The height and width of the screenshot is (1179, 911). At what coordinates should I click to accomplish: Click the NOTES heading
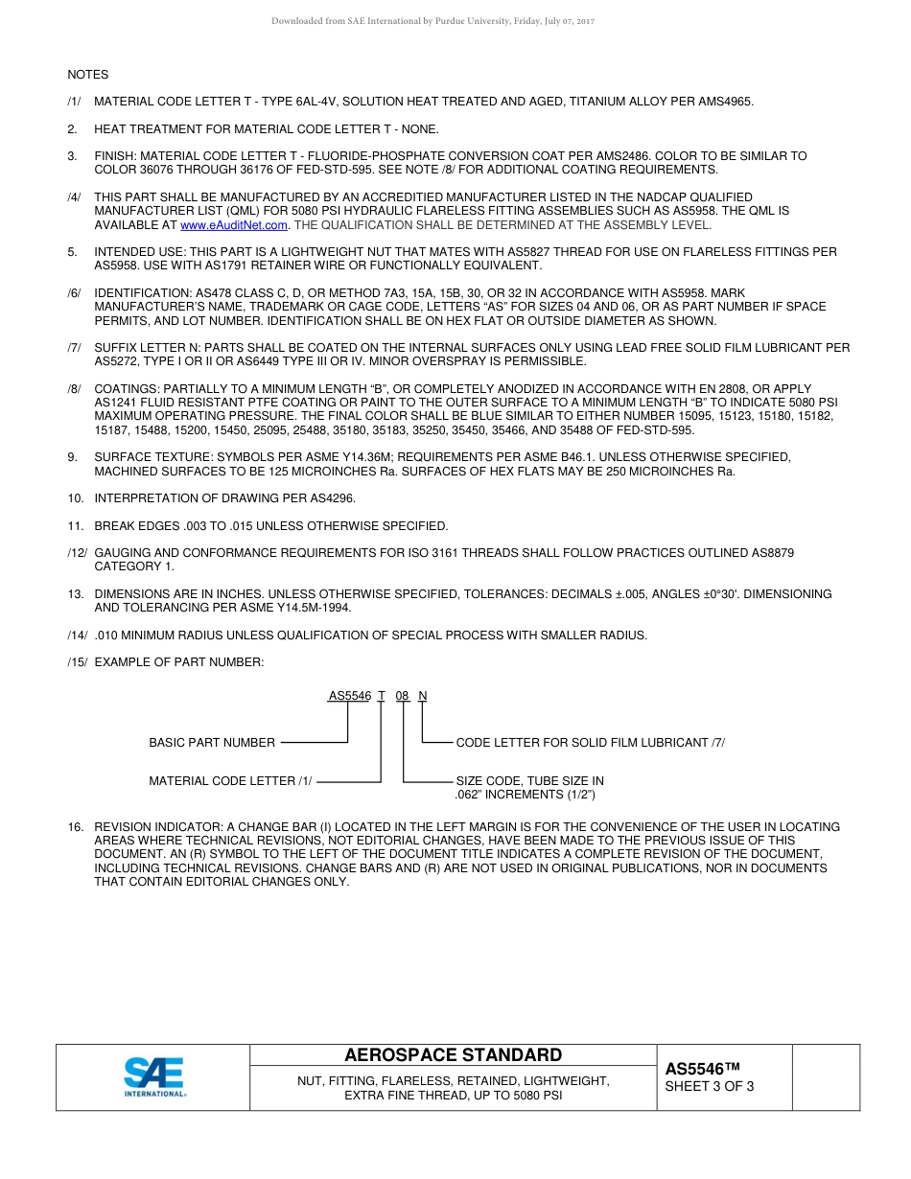click(x=87, y=75)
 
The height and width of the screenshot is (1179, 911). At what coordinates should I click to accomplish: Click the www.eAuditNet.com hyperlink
click(x=234, y=225)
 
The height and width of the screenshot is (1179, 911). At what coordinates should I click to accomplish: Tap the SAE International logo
click(x=154, y=1076)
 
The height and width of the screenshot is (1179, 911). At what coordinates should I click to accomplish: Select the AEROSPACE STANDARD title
click(x=453, y=1055)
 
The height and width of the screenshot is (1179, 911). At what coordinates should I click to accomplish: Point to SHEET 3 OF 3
click(x=709, y=1086)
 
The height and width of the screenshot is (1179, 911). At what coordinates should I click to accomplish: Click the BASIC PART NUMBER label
click(x=212, y=743)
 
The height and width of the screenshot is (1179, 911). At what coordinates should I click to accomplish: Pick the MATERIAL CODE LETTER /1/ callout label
click(x=230, y=781)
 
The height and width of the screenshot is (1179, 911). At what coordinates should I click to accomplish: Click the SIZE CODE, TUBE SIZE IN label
click(x=529, y=781)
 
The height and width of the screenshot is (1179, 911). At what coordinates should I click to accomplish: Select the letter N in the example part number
click(x=423, y=696)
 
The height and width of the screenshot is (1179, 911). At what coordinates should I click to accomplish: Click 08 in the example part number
click(x=402, y=696)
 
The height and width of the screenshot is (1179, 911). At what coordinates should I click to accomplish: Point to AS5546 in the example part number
click(x=349, y=696)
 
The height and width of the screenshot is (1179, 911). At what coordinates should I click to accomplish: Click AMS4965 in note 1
click(x=727, y=102)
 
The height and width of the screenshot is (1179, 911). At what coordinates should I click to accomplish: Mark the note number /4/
click(x=74, y=197)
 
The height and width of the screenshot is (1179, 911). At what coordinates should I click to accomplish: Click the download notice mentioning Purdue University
click(x=433, y=21)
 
